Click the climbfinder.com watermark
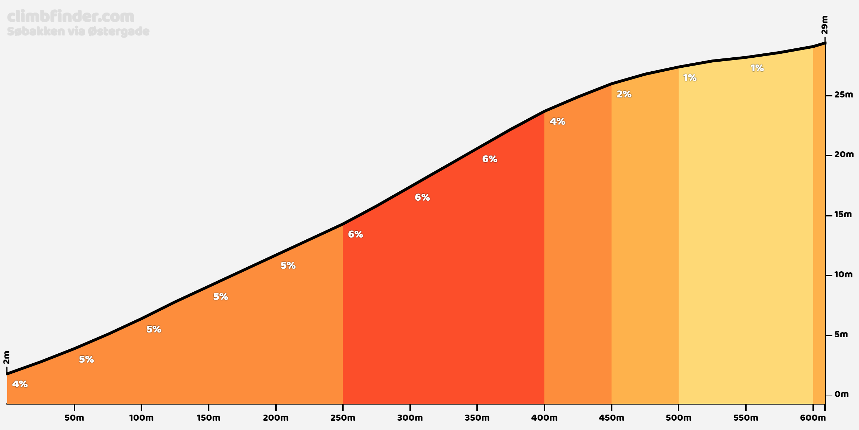coord(71,17)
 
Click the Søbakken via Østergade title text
coord(78,32)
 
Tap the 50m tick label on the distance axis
coord(74,418)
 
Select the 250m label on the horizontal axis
coord(343,418)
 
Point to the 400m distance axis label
coord(544,418)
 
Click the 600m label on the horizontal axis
coord(813,418)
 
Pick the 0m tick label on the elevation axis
coord(841,394)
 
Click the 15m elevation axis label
coord(843,214)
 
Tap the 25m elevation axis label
coord(844,95)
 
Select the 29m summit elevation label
coord(824,25)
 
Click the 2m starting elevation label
coord(6,357)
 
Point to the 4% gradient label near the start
coord(20,384)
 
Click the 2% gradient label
coord(624,94)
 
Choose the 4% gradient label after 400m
coord(557,121)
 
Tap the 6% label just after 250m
coord(355,234)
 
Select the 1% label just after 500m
coord(690,78)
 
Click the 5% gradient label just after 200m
coord(288,266)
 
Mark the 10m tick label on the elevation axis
coord(844,274)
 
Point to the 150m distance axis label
coord(208,418)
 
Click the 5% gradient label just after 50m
coord(86,359)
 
